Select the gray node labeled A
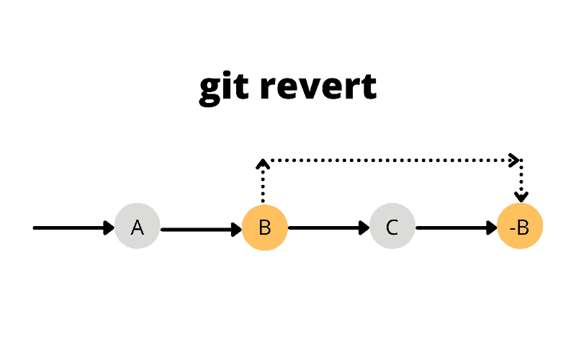coord(137,228)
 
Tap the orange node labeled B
coord(264,228)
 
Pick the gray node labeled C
coord(392,228)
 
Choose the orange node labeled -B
coord(519,228)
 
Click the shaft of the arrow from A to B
coord(198,230)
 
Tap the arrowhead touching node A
coord(110,228)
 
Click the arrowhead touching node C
coord(365,228)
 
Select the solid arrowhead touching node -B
coord(492,228)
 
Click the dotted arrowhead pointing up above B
coord(264,164)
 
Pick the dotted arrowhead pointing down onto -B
coord(521,197)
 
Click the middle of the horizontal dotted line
coord(389,160)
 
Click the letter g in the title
coord(209,90)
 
